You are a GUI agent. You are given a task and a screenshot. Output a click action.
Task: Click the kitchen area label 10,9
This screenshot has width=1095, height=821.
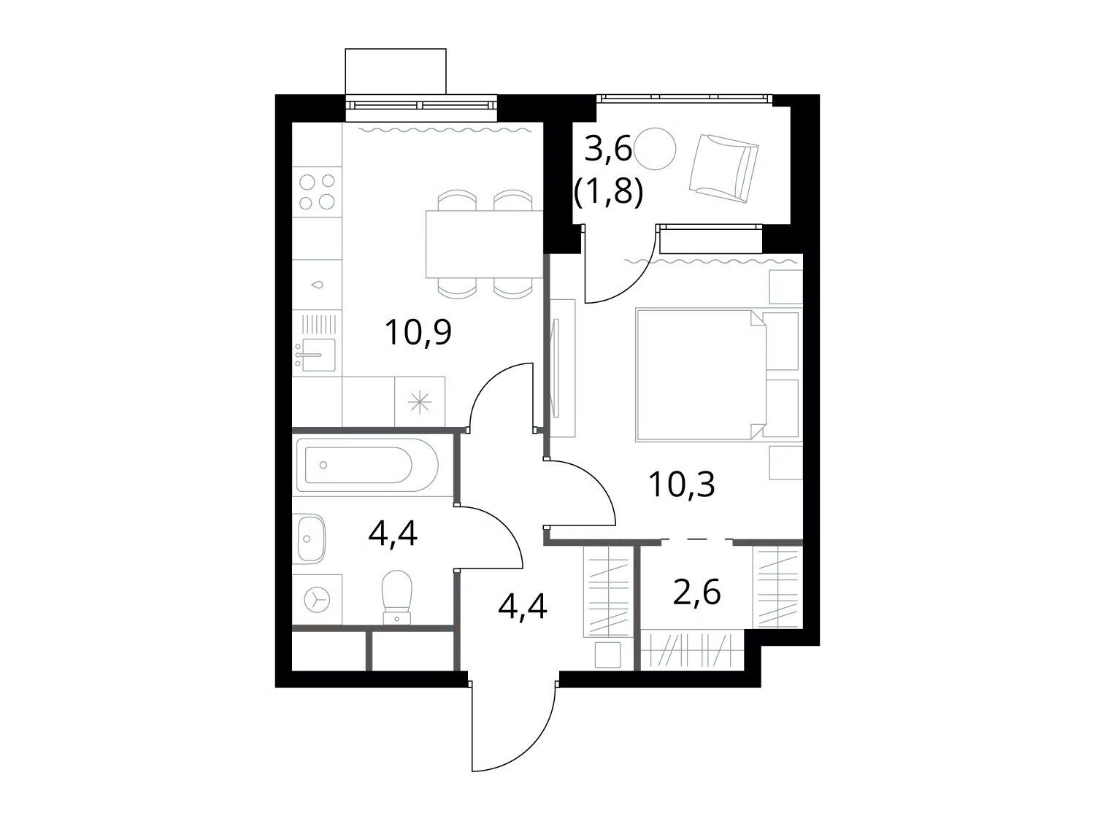[418, 333]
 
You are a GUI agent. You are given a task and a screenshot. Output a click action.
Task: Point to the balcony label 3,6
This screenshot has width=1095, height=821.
[607, 149]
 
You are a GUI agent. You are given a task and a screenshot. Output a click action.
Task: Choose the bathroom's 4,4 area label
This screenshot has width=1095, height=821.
[393, 534]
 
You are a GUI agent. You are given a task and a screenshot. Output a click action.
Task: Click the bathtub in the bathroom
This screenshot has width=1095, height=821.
[367, 465]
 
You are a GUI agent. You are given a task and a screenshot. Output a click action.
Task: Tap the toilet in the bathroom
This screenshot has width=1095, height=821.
[396, 597]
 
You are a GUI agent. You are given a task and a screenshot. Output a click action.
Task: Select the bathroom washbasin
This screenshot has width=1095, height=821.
[311, 539]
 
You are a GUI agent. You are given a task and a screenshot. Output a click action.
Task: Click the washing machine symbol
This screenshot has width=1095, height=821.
[318, 598]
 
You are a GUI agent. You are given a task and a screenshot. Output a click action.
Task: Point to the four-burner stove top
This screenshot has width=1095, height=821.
[317, 192]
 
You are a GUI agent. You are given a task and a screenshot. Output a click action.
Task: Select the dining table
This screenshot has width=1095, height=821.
[484, 244]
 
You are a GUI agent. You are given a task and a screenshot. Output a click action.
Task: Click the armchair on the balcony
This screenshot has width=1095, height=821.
[724, 169]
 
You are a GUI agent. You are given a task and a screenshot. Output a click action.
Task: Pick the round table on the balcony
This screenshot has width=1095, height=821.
[656, 149]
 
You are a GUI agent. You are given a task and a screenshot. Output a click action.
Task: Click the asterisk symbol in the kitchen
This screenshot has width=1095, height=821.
[420, 402]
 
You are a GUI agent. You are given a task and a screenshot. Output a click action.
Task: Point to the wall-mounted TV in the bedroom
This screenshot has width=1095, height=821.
[556, 367]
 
